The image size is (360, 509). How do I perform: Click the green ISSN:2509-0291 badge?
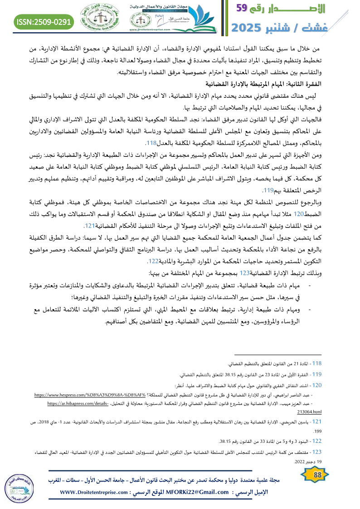pos(44,21)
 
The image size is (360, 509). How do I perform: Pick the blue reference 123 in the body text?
pos(245,273)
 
